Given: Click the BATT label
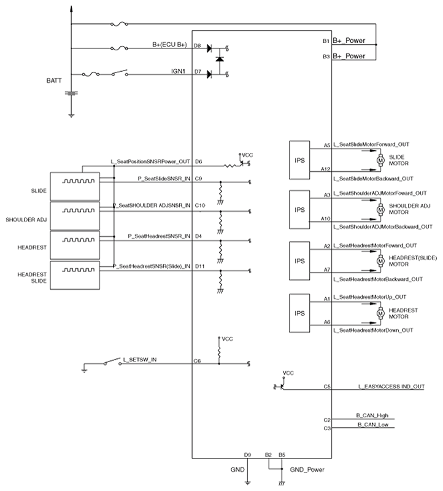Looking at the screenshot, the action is (54, 80).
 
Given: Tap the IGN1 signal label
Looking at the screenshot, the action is (178, 71).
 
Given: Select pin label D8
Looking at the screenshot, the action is (197, 45).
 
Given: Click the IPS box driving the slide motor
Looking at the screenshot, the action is (299, 160).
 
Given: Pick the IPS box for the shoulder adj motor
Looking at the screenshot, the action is (299, 209).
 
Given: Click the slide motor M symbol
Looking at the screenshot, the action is (380, 160).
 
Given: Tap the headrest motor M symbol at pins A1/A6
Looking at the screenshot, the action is (380, 313).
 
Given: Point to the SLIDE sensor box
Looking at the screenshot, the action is (75, 187).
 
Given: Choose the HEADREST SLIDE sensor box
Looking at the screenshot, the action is (75, 275).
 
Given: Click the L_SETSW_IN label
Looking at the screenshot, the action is (140, 360).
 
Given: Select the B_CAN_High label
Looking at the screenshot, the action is (372, 416).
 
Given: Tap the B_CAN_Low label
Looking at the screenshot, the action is (373, 425).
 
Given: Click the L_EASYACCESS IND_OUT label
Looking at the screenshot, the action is (391, 387).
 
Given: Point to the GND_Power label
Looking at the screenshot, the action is (307, 470).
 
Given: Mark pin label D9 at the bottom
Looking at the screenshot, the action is (247, 455).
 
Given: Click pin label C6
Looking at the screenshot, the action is (197, 361).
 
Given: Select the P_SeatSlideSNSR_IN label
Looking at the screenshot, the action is (164, 179).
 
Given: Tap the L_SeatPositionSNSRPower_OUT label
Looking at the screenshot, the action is (150, 161).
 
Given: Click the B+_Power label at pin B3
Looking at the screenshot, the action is (349, 56).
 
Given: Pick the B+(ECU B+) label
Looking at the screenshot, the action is (170, 45).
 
